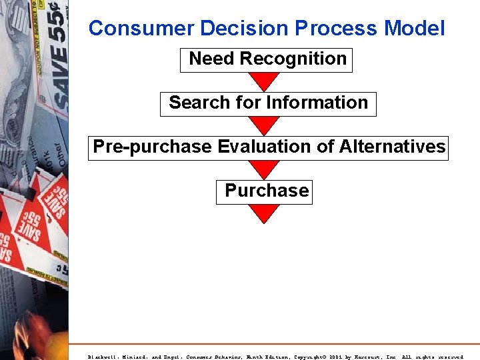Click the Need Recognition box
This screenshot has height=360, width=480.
point(267,59)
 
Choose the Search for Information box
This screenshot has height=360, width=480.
point(268,103)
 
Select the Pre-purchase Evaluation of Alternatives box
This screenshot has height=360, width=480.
point(269,147)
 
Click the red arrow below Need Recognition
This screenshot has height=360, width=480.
point(265,81)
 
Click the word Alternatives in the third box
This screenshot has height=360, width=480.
point(392,147)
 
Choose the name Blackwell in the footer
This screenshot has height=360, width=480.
point(103,357)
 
